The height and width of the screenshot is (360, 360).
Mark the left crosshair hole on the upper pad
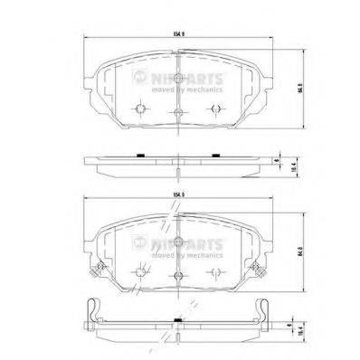(x=140, y=109)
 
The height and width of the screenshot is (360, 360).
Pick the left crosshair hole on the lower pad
(x=140, y=271)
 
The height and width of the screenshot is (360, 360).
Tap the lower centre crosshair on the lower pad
(x=179, y=276)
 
